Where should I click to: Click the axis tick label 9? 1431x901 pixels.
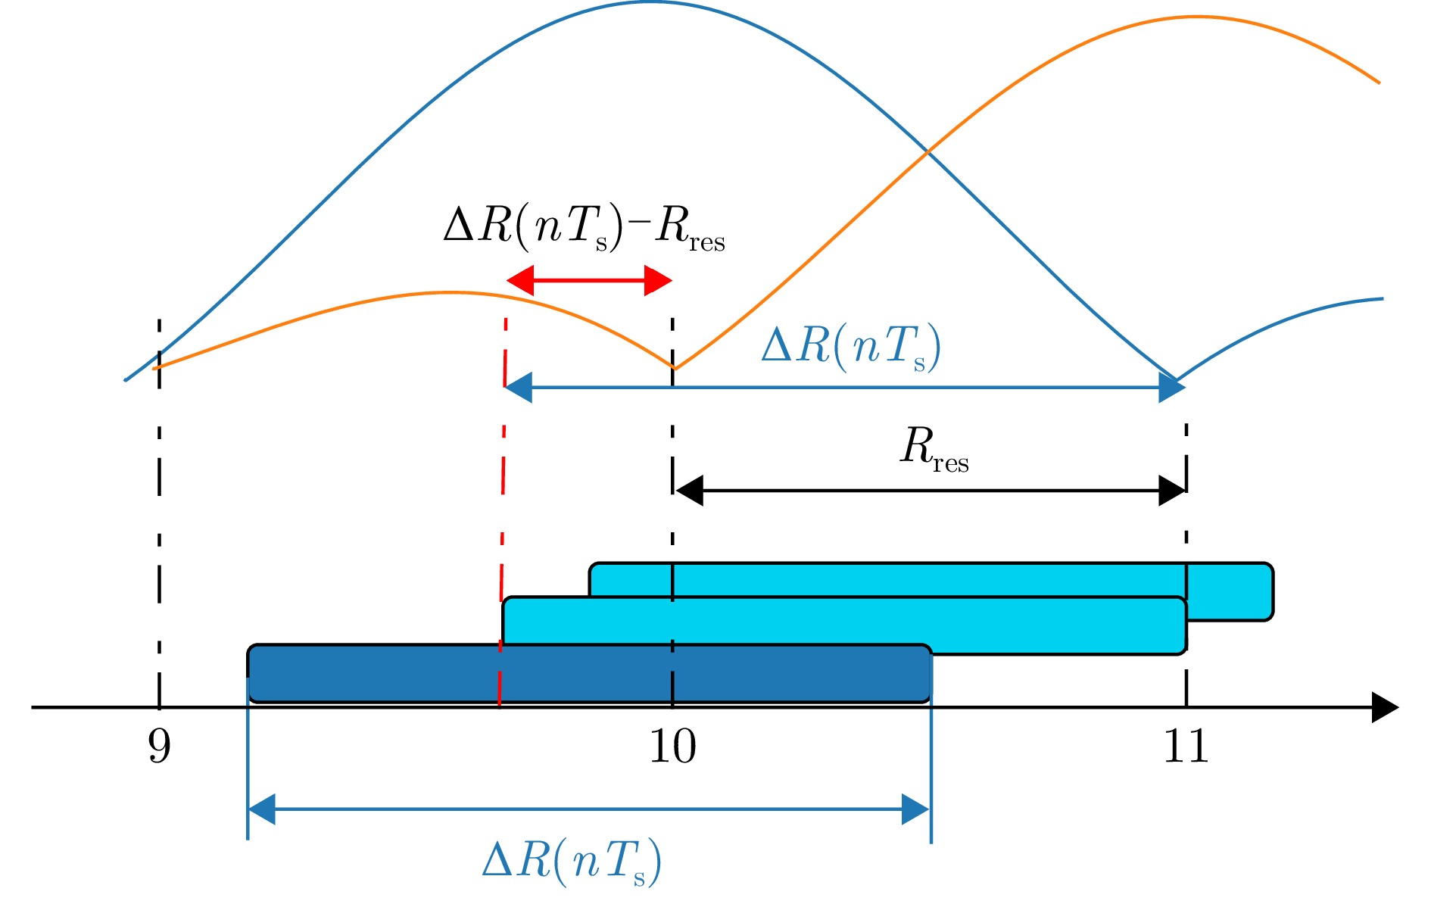159,747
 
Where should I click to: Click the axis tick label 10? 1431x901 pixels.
672,747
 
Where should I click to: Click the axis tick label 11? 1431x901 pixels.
1186,747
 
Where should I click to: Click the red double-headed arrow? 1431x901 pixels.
589,281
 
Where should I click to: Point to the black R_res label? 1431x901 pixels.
934,450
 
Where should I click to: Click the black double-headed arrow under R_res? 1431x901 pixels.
930,491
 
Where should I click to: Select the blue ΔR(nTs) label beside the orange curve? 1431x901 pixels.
851,348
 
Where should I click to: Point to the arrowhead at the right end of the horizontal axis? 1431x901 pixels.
1385,708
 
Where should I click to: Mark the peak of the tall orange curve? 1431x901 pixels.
1192,17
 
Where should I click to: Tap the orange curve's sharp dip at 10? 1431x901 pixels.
674,368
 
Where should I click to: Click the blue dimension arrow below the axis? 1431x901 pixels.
589,809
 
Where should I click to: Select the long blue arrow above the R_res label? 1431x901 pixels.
844,388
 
